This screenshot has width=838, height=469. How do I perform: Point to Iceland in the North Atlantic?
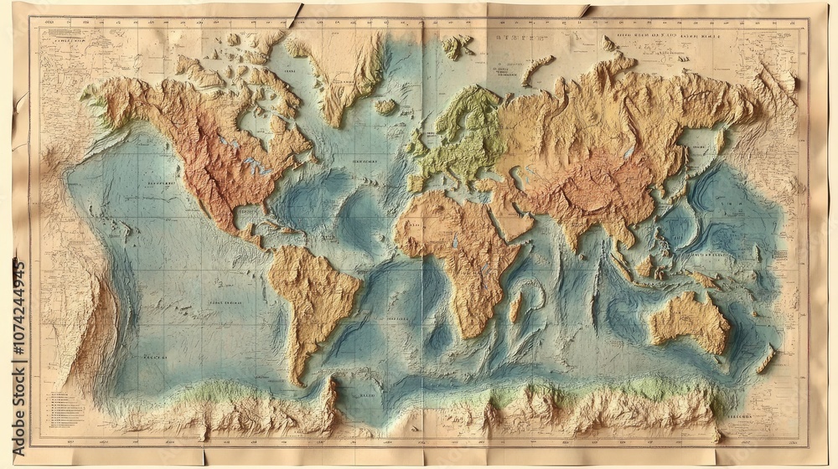point(385,106)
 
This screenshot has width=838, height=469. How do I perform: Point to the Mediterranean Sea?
point(457,184)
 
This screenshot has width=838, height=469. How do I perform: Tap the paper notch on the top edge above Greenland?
point(295,15)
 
